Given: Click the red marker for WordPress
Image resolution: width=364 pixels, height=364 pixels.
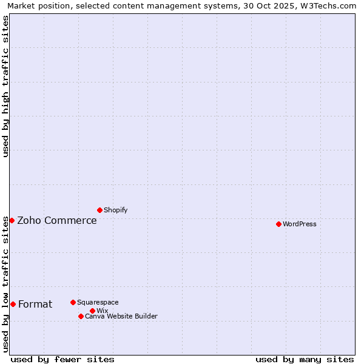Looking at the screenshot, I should tap(278, 224).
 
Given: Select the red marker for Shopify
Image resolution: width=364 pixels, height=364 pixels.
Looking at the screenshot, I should tap(99, 210).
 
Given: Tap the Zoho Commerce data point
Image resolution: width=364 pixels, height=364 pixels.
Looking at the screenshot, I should tap(12, 220).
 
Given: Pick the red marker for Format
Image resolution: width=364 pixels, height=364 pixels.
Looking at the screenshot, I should tap(13, 304).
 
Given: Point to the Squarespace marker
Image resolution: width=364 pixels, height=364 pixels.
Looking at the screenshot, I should tap(73, 302).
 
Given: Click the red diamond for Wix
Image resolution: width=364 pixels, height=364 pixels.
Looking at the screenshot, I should tap(92, 311).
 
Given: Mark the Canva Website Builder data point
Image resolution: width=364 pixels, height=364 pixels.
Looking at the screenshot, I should tap(81, 316).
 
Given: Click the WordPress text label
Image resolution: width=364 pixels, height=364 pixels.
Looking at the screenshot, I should tap(300, 224).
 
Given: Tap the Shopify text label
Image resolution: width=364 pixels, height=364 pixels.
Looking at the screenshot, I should tap(116, 210).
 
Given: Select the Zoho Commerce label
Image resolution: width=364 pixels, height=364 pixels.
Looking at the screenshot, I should tap(57, 220).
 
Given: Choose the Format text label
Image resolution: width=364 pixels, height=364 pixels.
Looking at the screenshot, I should tap(35, 304).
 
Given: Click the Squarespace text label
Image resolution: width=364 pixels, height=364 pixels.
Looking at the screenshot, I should tap(98, 302).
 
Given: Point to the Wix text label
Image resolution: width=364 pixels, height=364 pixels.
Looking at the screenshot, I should tap(103, 311).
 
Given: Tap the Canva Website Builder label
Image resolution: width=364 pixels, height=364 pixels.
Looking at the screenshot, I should tap(121, 316).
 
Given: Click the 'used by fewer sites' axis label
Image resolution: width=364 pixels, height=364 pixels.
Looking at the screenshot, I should tap(62, 359).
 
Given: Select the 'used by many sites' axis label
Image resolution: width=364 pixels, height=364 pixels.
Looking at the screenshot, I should tap(305, 359).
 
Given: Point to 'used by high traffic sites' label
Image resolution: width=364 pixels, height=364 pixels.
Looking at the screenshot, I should tap(6, 86).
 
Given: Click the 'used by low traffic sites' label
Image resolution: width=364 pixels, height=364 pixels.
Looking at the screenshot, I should tap(6, 284).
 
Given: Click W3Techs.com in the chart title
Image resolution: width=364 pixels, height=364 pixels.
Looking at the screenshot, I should tap(326, 5).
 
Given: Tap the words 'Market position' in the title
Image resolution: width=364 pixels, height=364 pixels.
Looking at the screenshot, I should tap(37, 5).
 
